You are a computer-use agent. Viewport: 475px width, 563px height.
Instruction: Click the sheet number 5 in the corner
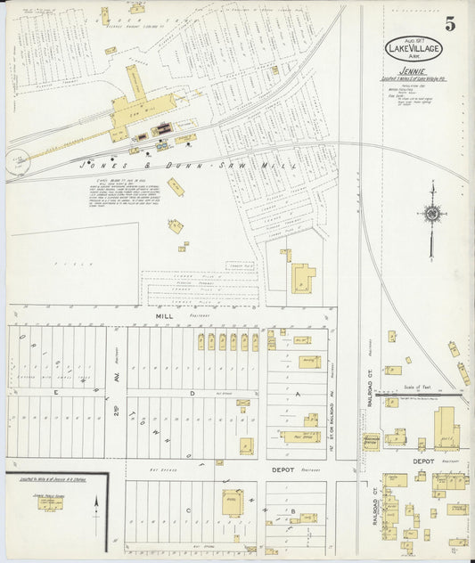[x=450, y=24]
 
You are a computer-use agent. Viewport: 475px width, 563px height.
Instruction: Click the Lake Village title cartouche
[x=412, y=48]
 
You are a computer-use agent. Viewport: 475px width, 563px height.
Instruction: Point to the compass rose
[x=432, y=214]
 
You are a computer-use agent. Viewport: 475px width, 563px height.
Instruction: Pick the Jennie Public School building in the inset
[x=50, y=503]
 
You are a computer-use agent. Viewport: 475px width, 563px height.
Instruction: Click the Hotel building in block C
[x=232, y=504]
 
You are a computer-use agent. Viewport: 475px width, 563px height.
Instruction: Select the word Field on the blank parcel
[x=62, y=264]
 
